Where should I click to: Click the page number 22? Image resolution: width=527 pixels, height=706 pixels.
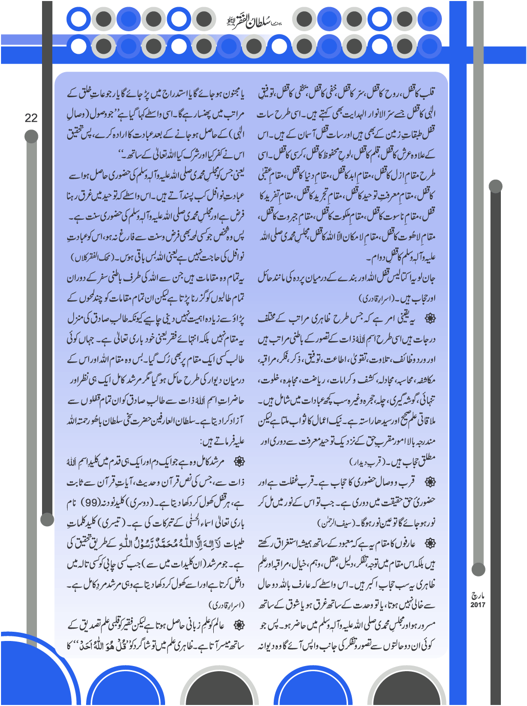[x=31, y=118]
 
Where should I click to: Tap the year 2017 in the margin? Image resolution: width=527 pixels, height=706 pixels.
[x=478, y=605]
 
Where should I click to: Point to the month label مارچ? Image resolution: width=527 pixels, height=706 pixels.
[x=478, y=595]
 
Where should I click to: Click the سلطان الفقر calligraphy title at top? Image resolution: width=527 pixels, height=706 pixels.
[x=254, y=20]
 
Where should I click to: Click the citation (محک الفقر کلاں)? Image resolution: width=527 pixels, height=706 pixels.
[x=90, y=256]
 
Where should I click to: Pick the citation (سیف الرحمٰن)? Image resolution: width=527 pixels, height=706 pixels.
[x=335, y=523]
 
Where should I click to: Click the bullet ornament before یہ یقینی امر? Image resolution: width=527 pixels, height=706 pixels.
[x=430, y=318]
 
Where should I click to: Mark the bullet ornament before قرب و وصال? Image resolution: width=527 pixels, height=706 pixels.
[x=430, y=482]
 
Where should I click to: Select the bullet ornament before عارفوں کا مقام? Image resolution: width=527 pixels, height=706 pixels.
[x=430, y=544]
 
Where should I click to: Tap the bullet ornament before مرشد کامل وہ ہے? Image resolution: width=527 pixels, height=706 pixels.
[x=238, y=462]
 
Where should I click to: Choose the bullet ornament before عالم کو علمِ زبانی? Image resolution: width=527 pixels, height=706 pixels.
[x=238, y=626]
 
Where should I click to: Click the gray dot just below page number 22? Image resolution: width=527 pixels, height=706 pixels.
[x=31, y=136]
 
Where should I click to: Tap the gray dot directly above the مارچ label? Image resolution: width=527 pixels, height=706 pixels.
[x=478, y=569]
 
